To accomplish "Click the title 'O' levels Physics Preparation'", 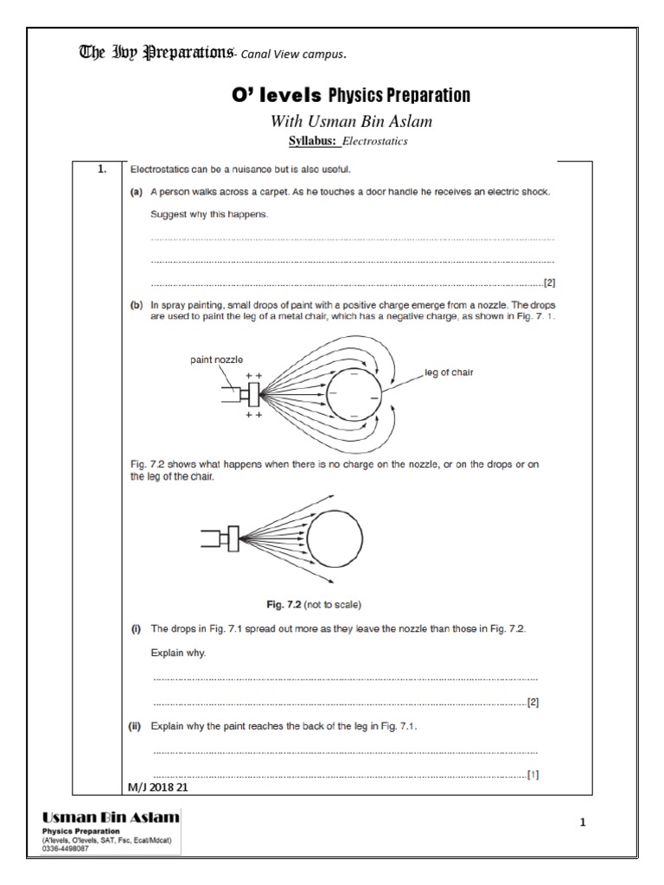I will click(x=351, y=95).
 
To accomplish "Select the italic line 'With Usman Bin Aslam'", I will click(x=351, y=122).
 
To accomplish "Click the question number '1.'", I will click(x=101, y=169).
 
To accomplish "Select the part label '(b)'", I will click(x=136, y=305).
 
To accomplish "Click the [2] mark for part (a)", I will click(x=548, y=282).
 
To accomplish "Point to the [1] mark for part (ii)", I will click(x=533, y=774).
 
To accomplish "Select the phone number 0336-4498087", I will click(x=65, y=849).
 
